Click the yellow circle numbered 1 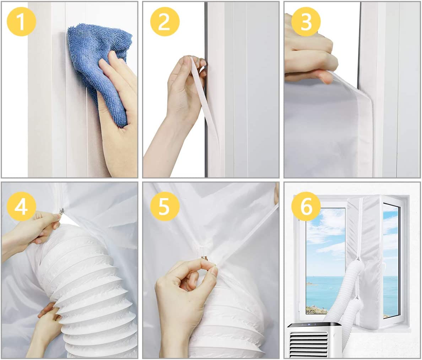pyautogui.click(x=21, y=21)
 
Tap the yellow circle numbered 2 pyautogui.click(x=165, y=21)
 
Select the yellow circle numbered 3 pyautogui.click(x=306, y=21)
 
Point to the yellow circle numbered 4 pyautogui.click(x=21, y=206)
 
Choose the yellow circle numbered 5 pyautogui.click(x=165, y=206)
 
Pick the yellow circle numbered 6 pyautogui.click(x=306, y=206)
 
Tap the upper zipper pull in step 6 pyautogui.click(x=358, y=260)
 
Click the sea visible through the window pyautogui.click(x=326, y=290)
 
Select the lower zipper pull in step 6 pyautogui.click(x=357, y=298)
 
